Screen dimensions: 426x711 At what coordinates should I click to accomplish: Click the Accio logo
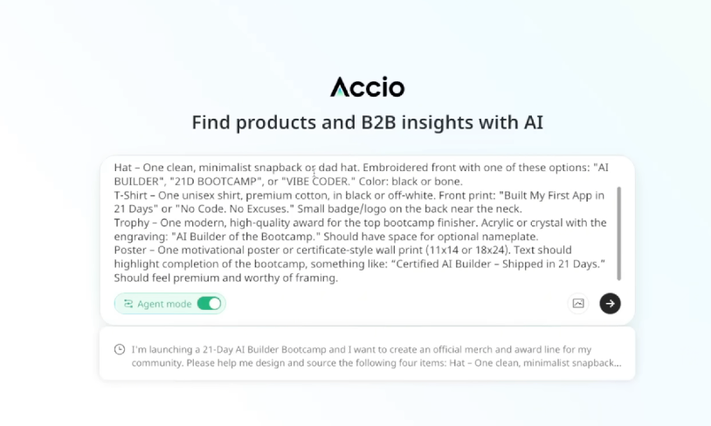367,86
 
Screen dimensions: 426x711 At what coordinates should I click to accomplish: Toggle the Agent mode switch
209,304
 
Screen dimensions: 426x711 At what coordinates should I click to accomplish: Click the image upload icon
578,304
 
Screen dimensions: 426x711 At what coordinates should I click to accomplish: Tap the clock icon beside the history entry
120,349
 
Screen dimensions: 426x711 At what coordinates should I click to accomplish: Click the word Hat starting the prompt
123,168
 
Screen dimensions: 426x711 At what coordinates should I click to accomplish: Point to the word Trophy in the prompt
133,223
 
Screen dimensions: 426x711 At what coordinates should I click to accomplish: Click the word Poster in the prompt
131,251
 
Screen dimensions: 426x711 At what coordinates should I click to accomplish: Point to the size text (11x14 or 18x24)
473,251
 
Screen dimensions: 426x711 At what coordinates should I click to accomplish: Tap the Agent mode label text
163,304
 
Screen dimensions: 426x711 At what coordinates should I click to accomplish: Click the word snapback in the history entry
592,362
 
